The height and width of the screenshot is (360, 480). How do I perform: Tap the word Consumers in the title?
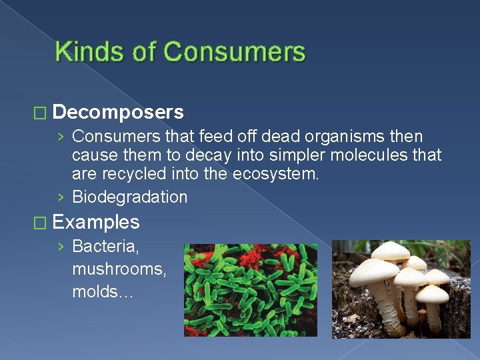coord(233,52)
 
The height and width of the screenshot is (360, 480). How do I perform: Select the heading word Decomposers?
coord(117,111)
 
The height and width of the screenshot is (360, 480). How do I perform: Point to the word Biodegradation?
coord(129,197)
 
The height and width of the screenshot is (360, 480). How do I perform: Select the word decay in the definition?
coord(242,156)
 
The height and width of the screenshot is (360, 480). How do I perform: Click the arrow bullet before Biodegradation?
coord(61,197)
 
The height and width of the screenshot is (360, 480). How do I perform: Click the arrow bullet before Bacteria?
coord(61,247)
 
